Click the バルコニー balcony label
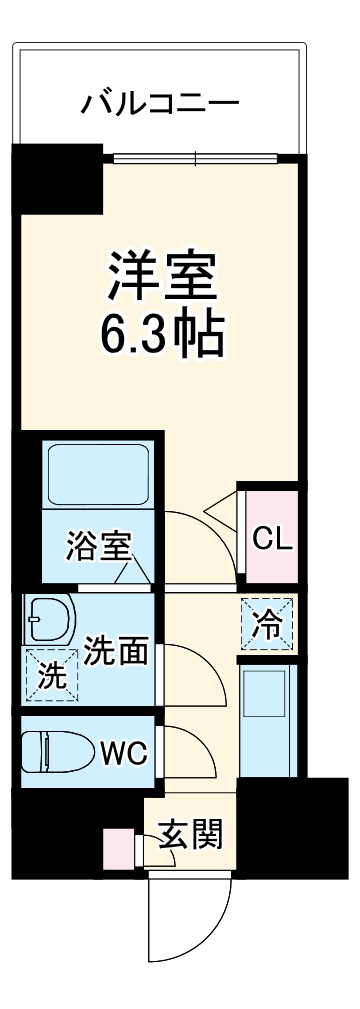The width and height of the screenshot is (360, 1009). [x=160, y=103]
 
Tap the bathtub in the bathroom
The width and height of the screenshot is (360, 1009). [x=96, y=474]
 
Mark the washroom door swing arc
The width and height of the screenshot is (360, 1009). [x=190, y=672]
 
